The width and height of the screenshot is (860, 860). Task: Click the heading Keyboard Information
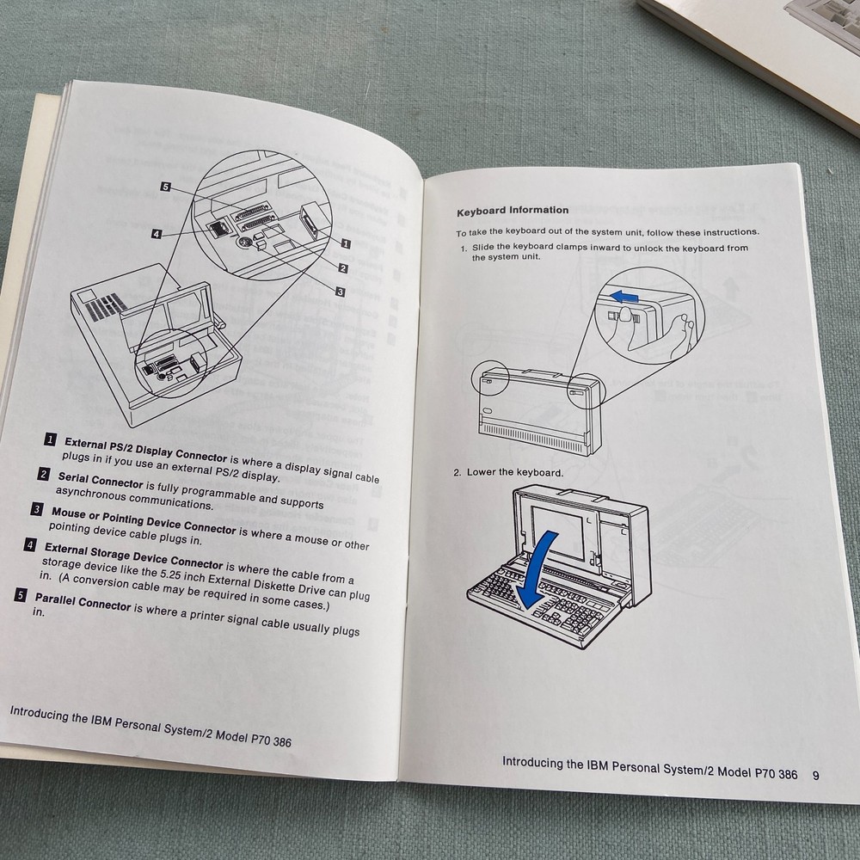tap(512, 210)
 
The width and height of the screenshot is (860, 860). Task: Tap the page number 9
tap(814, 773)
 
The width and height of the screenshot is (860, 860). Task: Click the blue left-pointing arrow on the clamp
tap(625, 298)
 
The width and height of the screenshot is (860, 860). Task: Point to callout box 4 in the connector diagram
tap(156, 232)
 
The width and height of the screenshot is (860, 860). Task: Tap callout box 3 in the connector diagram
tap(340, 292)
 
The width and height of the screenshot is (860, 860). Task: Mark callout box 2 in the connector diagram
tap(342, 267)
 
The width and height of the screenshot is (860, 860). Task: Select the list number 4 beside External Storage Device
tap(31, 544)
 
